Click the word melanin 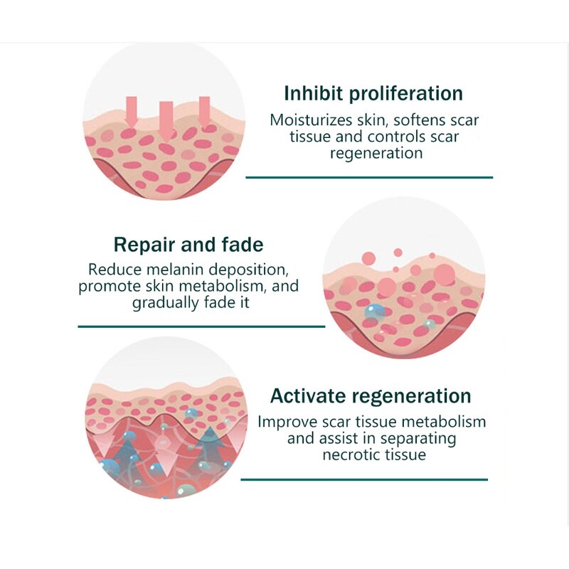point(173,270)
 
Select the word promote point(107,287)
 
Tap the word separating point(415,438)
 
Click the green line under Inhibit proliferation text point(369,177)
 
